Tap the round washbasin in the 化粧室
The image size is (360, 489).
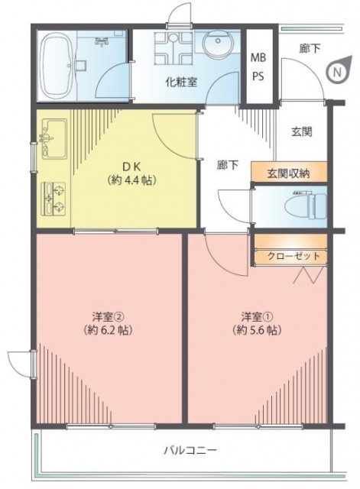tap(218, 42)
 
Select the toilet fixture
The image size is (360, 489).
tap(305, 206)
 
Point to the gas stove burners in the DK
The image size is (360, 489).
tap(54, 199)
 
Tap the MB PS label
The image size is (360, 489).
tap(258, 66)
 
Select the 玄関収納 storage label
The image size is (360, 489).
tap(288, 173)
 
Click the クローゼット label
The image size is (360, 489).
tap(294, 256)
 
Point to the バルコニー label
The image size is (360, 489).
tap(190, 450)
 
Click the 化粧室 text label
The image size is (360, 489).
tap(181, 82)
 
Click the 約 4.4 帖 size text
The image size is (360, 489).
tap(131, 180)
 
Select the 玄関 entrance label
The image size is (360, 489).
tap(302, 132)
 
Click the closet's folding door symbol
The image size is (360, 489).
tap(309, 275)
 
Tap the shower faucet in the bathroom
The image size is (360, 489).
tap(102, 40)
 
